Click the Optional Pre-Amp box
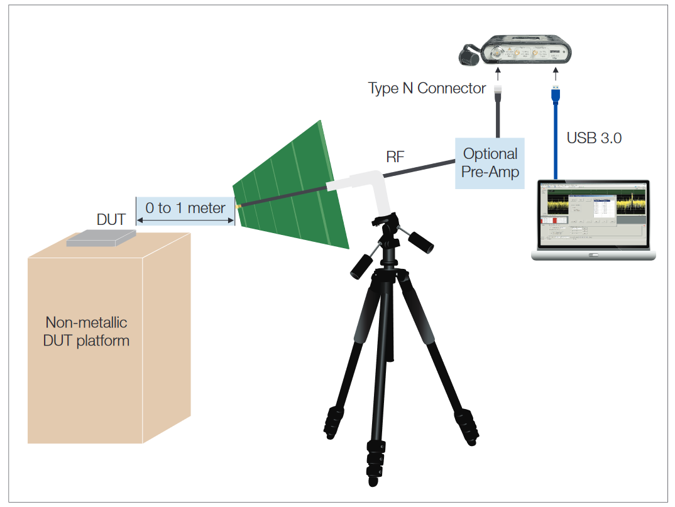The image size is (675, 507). coord(490,163)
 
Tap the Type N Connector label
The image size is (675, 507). coord(427,88)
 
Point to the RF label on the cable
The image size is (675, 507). coord(395,156)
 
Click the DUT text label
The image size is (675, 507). coord(111,219)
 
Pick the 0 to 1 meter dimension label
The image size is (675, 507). coord(185,208)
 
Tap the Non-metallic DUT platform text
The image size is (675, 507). coord(87,332)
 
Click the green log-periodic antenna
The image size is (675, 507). coord(295,188)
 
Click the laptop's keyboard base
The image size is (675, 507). coord(593,254)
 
